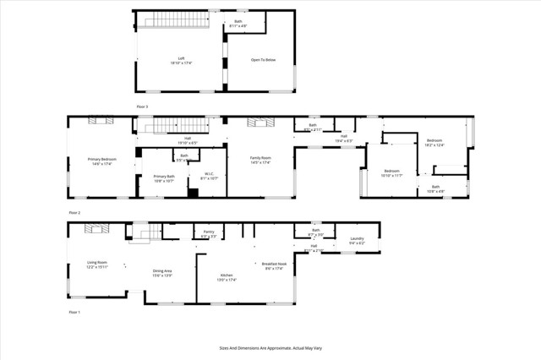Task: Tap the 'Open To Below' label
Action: coord(263,60)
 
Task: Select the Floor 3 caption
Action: coord(142,106)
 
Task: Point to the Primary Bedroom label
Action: coord(101,161)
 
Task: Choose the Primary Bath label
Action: coord(164,177)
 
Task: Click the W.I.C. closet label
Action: coord(209,177)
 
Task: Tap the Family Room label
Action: coord(260,161)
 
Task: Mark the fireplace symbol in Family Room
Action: coord(260,122)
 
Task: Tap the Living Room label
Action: coord(96,265)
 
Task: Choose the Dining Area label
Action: coord(162,273)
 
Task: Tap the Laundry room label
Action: coord(357,240)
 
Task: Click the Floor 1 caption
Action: coord(74,313)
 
